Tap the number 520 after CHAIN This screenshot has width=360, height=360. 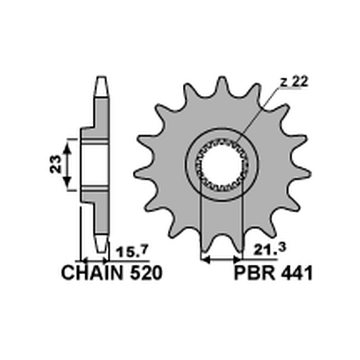(x=146, y=273)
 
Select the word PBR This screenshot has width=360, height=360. (x=255, y=273)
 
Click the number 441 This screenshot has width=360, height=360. (x=296, y=273)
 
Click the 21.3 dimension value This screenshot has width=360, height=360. (x=270, y=249)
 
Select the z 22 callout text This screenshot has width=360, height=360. (x=295, y=82)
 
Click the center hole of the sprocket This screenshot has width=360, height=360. (x=222, y=165)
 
